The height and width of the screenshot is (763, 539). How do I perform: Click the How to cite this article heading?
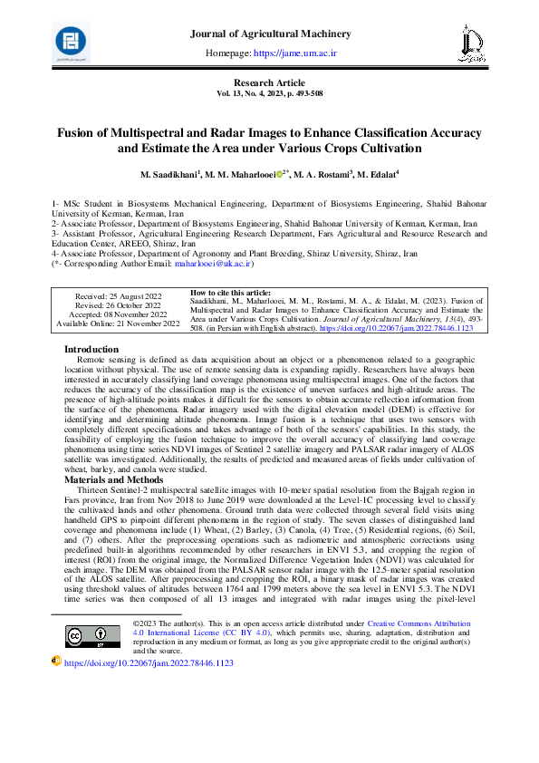[231, 293]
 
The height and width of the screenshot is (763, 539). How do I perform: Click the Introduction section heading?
[91, 349]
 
